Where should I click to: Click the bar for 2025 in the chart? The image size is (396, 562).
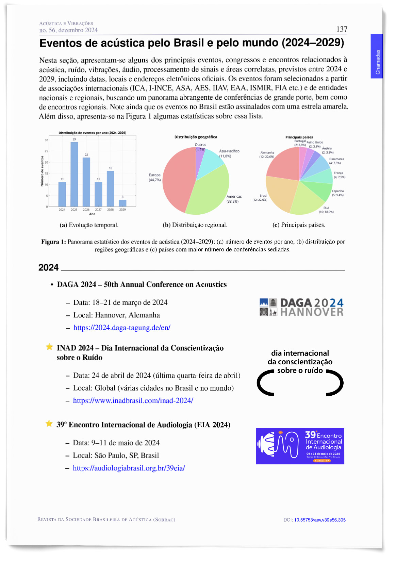(x=74, y=174)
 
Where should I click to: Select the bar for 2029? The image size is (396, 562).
(x=122, y=203)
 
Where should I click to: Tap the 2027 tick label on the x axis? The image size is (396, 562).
(x=98, y=210)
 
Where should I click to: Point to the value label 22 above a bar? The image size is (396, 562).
(x=86, y=155)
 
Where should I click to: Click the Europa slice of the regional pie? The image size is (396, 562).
(x=177, y=177)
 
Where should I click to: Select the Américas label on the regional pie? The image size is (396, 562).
(x=234, y=197)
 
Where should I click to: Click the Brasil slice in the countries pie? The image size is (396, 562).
(x=281, y=196)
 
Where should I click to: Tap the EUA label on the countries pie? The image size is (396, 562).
(x=326, y=208)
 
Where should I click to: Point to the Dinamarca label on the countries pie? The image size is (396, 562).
(x=336, y=159)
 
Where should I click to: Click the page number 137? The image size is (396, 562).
(x=342, y=29)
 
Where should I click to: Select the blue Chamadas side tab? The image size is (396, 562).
(x=377, y=56)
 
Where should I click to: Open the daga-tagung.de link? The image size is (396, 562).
(x=122, y=328)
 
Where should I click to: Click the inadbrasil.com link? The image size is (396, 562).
(x=133, y=400)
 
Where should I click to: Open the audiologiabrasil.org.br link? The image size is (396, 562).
(x=129, y=468)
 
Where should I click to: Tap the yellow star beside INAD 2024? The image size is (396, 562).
(x=49, y=347)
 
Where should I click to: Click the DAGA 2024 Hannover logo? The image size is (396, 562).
(x=301, y=307)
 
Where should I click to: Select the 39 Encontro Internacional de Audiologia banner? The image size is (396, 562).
(x=300, y=446)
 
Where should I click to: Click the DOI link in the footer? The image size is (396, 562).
(x=319, y=520)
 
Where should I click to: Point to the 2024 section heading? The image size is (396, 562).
(x=49, y=268)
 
